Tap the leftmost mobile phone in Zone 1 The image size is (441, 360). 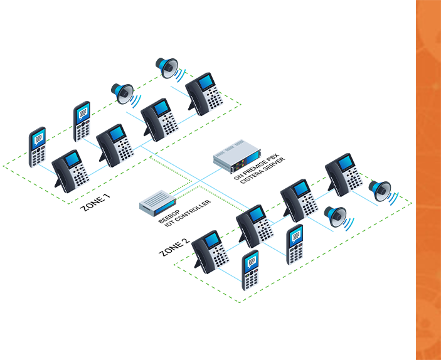[x=38, y=148]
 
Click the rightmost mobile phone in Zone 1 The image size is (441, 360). [x=83, y=122]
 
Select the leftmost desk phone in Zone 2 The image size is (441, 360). [x=211, y=251]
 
